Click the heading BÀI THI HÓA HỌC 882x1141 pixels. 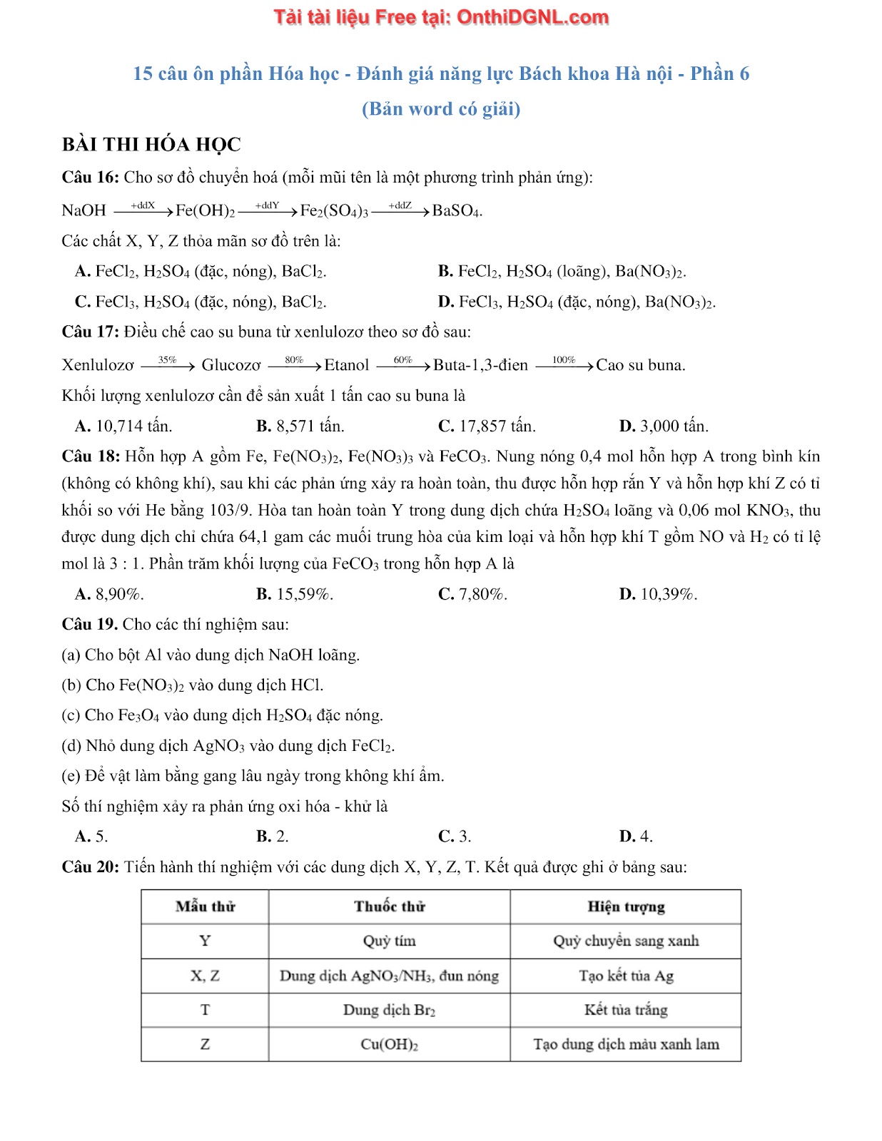(x=151, y=145)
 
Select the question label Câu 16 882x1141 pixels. (x=91, y=178)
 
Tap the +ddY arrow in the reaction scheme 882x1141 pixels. (x=267, y=209)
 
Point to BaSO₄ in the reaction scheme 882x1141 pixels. (x=457, y=210)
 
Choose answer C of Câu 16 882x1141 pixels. (x=201, y=302)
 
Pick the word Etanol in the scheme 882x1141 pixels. (x=346, y=365)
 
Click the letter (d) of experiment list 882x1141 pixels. (x=71, y=746)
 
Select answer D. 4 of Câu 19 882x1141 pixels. (x=636, y=836)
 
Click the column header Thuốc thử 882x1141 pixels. (x=390, y=906)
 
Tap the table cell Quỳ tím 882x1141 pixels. (x=390, y=941)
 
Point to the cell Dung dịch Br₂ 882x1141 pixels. (x=390, y=1010)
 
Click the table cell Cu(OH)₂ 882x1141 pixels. (x=390, y=1044)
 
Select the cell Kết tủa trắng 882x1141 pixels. (x=626, y=1010)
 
